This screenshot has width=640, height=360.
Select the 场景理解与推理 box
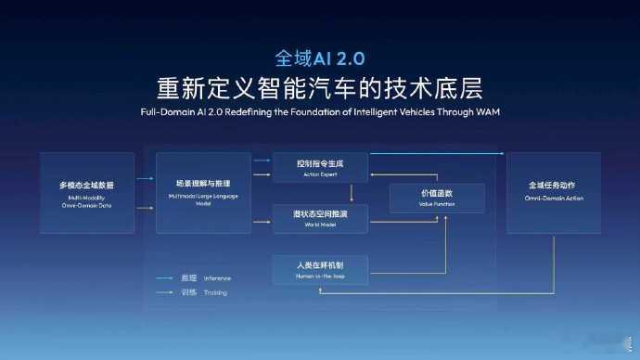pos(203,193)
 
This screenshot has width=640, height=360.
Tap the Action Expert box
pos(319,167)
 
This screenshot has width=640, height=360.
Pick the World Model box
pos(319,218)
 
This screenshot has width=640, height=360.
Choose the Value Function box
pos(437,197)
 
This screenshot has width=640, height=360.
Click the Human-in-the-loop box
pos(319,269)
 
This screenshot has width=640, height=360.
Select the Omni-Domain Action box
pos(554,193)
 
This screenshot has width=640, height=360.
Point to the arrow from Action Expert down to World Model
pos(352,193)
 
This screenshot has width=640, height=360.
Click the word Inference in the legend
pos(218,277)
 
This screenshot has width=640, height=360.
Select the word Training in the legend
pos(215,292)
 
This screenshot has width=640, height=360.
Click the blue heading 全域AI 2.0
pos(319,57)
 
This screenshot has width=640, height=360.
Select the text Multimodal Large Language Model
pos(203,200)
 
